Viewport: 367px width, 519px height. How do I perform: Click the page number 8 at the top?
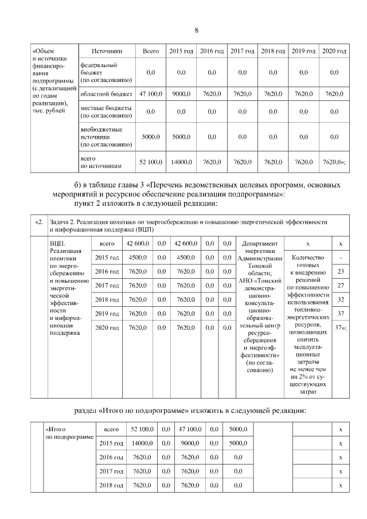pos(197,30)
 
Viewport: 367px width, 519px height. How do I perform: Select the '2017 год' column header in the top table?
pos(242,52)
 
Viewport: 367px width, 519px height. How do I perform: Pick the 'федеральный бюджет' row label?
pos(106,72)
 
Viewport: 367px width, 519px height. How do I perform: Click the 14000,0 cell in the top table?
pos(181,162)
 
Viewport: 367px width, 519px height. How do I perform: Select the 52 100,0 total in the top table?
pos(151,162)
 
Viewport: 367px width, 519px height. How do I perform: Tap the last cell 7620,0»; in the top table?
pos(334,162)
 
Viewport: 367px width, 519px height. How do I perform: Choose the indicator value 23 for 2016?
pos(341,271)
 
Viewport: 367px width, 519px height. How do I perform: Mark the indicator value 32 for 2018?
pos(341,299)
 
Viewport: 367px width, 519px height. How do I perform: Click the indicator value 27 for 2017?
pos(341,286)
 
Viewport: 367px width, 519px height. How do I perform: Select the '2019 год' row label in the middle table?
pos(107,313)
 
